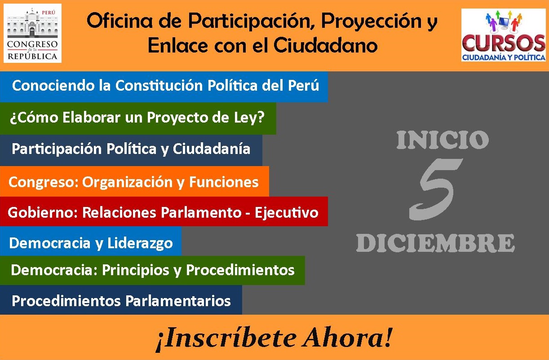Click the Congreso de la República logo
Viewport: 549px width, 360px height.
[x=32, y=33]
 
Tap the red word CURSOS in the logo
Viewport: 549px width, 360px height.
[x=504, y=43]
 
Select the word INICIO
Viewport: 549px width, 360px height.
[x=443, y=140]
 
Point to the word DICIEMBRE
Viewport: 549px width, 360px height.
[x=435, y=243]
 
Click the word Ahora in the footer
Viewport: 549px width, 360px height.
[x=347, y=338]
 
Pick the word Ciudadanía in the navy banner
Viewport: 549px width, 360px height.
[x=212, y=149]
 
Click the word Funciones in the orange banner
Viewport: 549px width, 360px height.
[x=224, y=182]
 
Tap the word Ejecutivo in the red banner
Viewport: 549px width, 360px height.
[x=287, y=213]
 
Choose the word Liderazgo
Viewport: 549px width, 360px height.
[x=140, y=243]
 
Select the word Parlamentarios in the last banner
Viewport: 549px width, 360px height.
[x=178, y=301]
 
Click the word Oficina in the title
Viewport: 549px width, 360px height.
[x=120, y=21]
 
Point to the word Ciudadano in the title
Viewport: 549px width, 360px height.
[x=326, y=45]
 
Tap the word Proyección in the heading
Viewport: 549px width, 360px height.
[x=371, y=22]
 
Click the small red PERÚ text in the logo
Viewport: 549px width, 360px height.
[x=48, y=12]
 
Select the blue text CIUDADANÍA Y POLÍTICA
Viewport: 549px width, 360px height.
[x=504, y=57]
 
